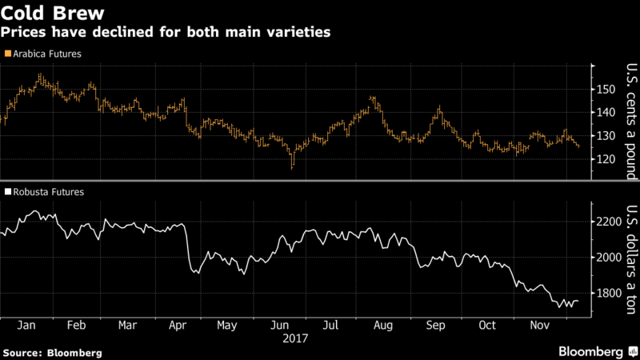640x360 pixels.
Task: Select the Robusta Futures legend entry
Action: [46, 192]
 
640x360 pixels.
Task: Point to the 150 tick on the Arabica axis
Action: [607, 89]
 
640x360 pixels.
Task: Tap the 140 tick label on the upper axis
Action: [607, 113]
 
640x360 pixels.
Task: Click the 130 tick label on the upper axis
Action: [607, 136]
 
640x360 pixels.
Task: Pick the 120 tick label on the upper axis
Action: [607, 159]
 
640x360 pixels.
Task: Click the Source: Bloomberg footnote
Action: [54, 352]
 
